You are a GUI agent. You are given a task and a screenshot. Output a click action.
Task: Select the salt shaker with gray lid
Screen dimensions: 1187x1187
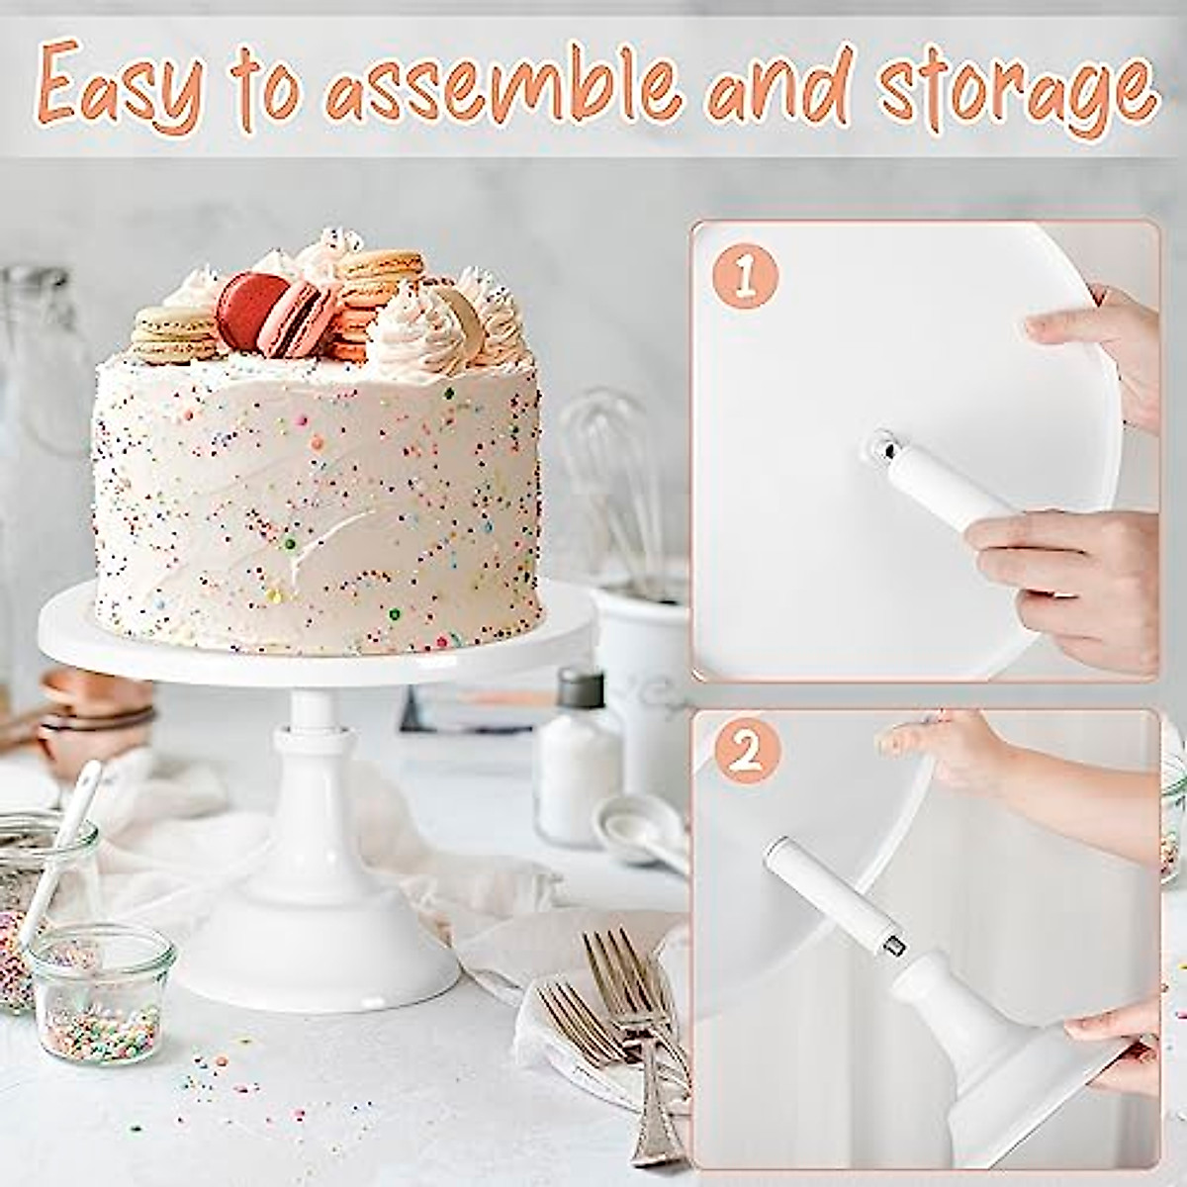point(579,752)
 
